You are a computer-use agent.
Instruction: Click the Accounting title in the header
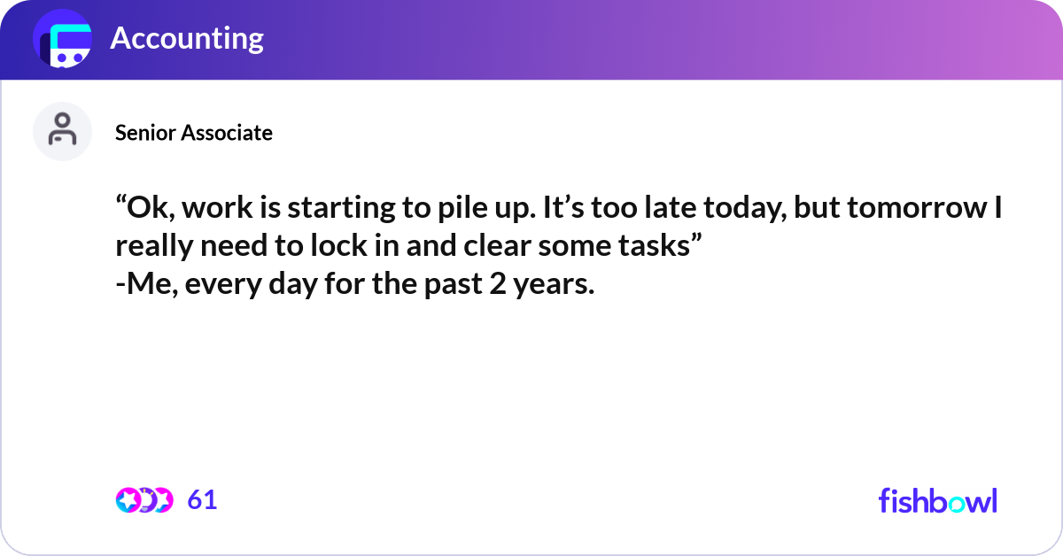coord(187,39)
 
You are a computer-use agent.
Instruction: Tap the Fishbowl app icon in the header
coord(63,40)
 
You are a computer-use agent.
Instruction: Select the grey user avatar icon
coord(62,131)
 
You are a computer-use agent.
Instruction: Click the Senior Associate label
coord(194,133)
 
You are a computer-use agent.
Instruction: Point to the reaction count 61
coord(202,500)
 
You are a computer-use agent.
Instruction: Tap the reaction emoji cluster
coord(144,500)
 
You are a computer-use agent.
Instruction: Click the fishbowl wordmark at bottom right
coord(937,500)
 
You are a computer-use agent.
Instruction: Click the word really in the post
coord(155,247)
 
